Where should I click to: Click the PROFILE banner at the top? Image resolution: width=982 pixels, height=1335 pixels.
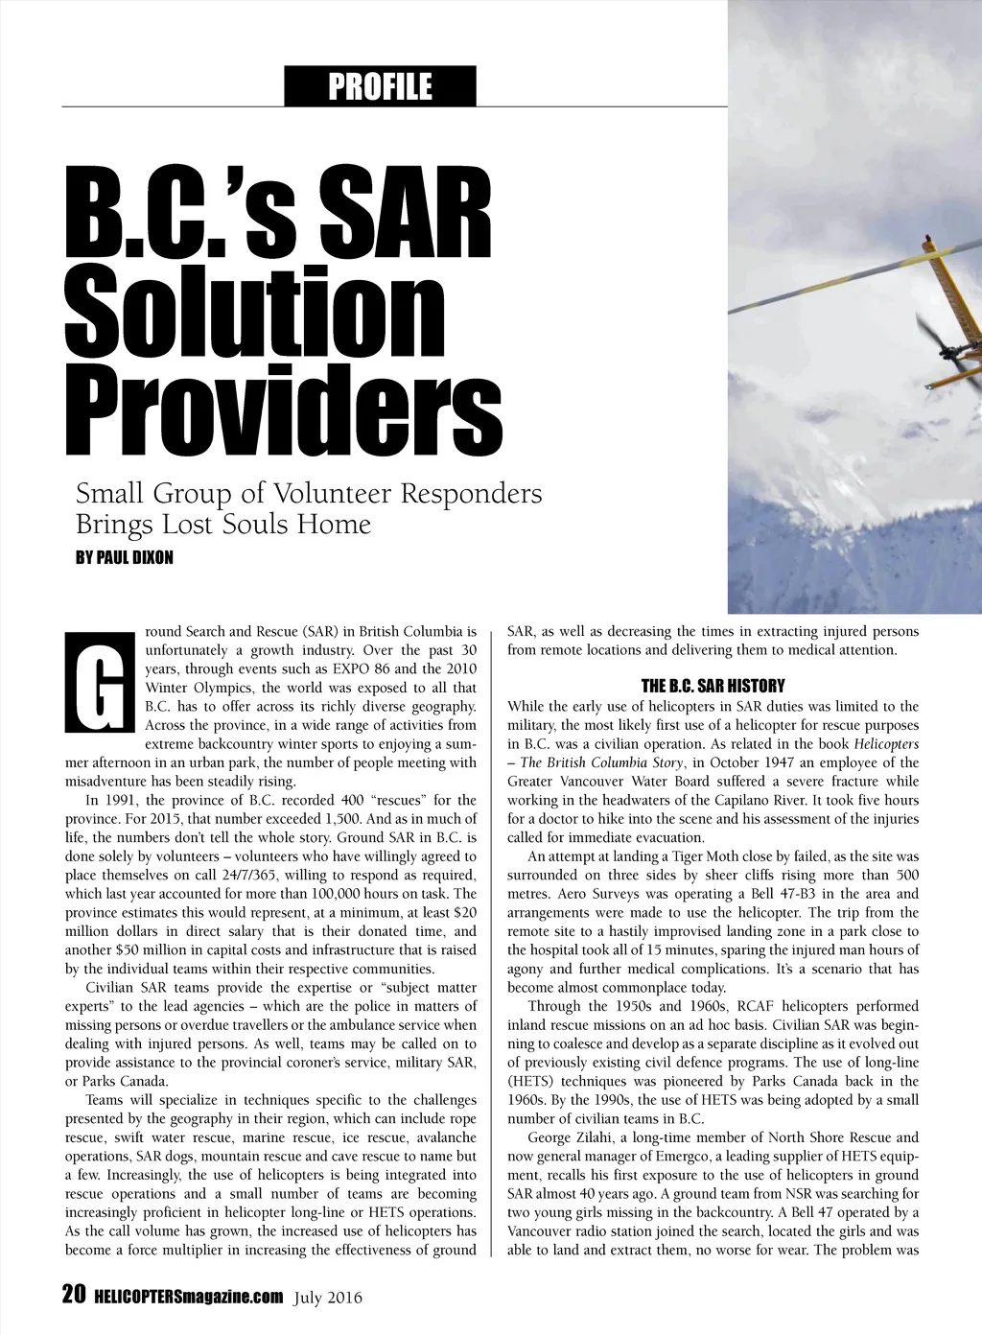(380, 86)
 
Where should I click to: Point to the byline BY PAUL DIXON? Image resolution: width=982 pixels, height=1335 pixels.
(125, 557)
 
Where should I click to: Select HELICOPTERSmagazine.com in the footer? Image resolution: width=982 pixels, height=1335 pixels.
(189, 1297)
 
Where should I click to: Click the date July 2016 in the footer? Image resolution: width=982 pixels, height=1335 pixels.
(329, 1298)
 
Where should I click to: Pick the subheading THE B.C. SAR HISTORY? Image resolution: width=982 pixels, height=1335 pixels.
(713, 686)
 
